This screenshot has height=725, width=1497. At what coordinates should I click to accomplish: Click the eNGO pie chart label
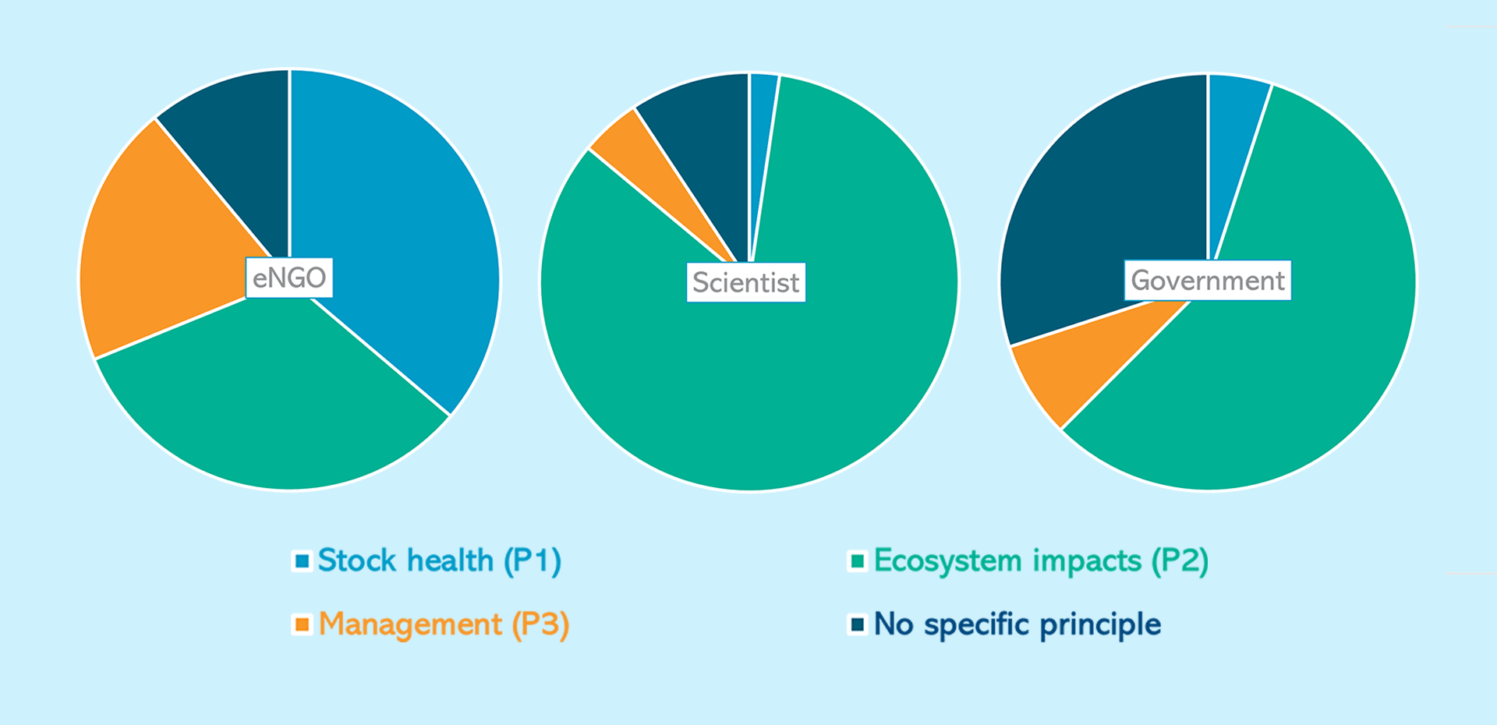[289, 278]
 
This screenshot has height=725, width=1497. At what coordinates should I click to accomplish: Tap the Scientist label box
[745, 282]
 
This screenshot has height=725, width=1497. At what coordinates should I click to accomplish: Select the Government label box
[1207, 280]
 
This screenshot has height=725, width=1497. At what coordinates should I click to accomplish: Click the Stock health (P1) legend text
[439, 561]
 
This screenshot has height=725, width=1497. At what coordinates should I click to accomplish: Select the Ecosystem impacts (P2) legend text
[1041, 561]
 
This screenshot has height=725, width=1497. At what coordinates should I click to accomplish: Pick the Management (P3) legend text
[444, 624]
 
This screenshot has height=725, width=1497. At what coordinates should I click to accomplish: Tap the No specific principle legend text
[1017, 624]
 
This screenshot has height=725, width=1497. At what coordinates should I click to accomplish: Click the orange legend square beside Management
[303, 624]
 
